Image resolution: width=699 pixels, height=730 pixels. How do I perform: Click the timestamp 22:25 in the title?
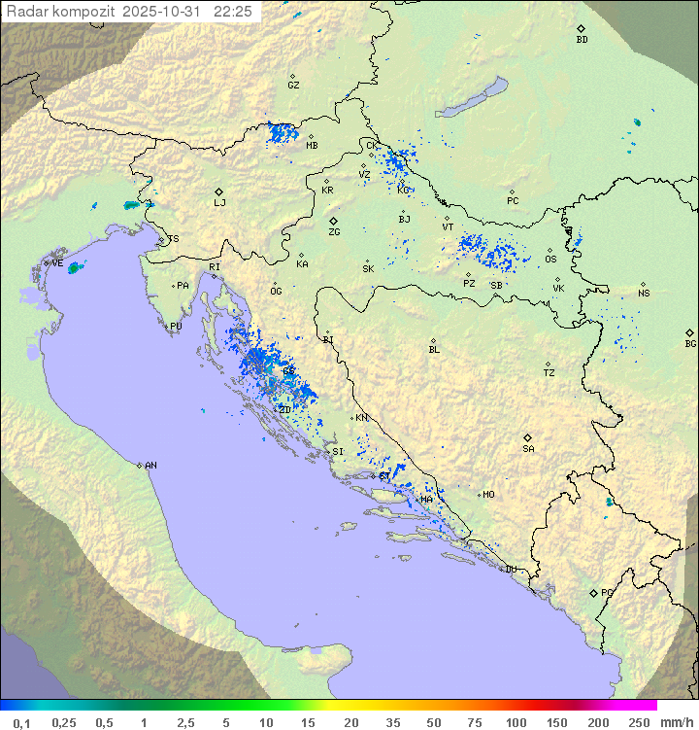(x=233, y=11)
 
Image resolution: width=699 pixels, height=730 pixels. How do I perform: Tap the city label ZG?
(x=334, y=232)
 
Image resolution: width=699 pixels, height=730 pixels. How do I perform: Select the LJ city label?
(x=219, y=202)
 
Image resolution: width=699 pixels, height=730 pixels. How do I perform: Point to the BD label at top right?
(x=582, y=40)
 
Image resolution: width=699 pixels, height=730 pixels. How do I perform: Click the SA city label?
(x=528, y=448)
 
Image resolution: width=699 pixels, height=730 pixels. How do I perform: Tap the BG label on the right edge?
(x=690, y=343)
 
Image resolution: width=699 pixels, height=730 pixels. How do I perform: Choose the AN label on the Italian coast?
(x=150, y=466)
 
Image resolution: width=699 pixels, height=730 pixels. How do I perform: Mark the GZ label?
(x=293, y=85)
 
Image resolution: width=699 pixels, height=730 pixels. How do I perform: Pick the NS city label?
(x=644, y=293)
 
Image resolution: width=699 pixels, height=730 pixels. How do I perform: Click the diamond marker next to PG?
(x=593, y=592)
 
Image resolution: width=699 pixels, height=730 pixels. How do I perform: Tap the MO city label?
(x=488, y=494)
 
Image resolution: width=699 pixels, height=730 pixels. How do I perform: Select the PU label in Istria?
(x=176, y=327)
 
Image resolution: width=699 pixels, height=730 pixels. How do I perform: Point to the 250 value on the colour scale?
(x=638, y=722)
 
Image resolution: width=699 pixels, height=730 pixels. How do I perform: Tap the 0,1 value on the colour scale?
(x=21, y=722)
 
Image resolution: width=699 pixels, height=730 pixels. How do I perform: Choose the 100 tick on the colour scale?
(x=516, y=722)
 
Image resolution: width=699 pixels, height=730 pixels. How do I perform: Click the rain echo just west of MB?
(x=283, y=133)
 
